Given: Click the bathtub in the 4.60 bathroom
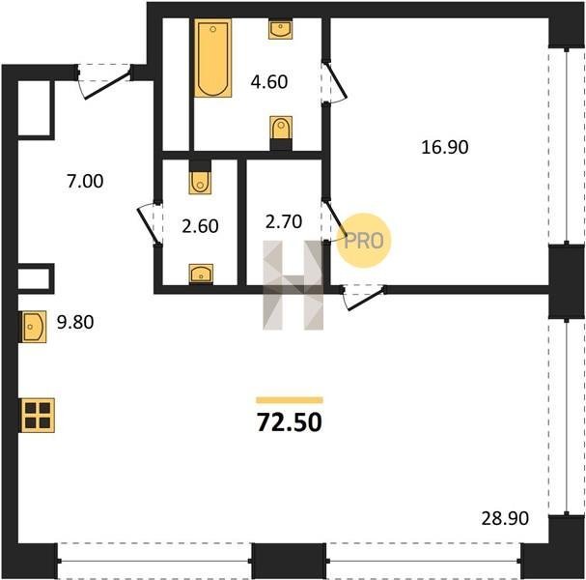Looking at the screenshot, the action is click(213, 58).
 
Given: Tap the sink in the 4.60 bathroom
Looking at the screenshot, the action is click(280, 30).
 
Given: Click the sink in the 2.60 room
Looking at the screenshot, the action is click(201, 274).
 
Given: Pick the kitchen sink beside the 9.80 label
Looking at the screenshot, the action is click(34, 327).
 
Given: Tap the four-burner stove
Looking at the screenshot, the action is click(38, 416).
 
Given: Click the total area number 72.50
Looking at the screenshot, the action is click(290, 422).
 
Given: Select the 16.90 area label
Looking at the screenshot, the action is click(445, 147).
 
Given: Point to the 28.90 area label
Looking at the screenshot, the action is click(505, 519).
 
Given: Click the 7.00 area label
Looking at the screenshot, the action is click(85, 181).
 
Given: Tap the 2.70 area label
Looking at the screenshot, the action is click(284, 221).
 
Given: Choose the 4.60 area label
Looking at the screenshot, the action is click(269, 82).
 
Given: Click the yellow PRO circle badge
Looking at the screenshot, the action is click(364, 241).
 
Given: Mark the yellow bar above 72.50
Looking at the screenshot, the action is click(290, 400).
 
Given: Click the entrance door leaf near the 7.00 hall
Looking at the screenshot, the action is click(107, 84).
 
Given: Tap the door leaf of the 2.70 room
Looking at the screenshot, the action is click(336, 219).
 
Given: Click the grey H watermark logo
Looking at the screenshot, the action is click(293, 285).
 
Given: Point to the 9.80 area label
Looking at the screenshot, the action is click(75, 322).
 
